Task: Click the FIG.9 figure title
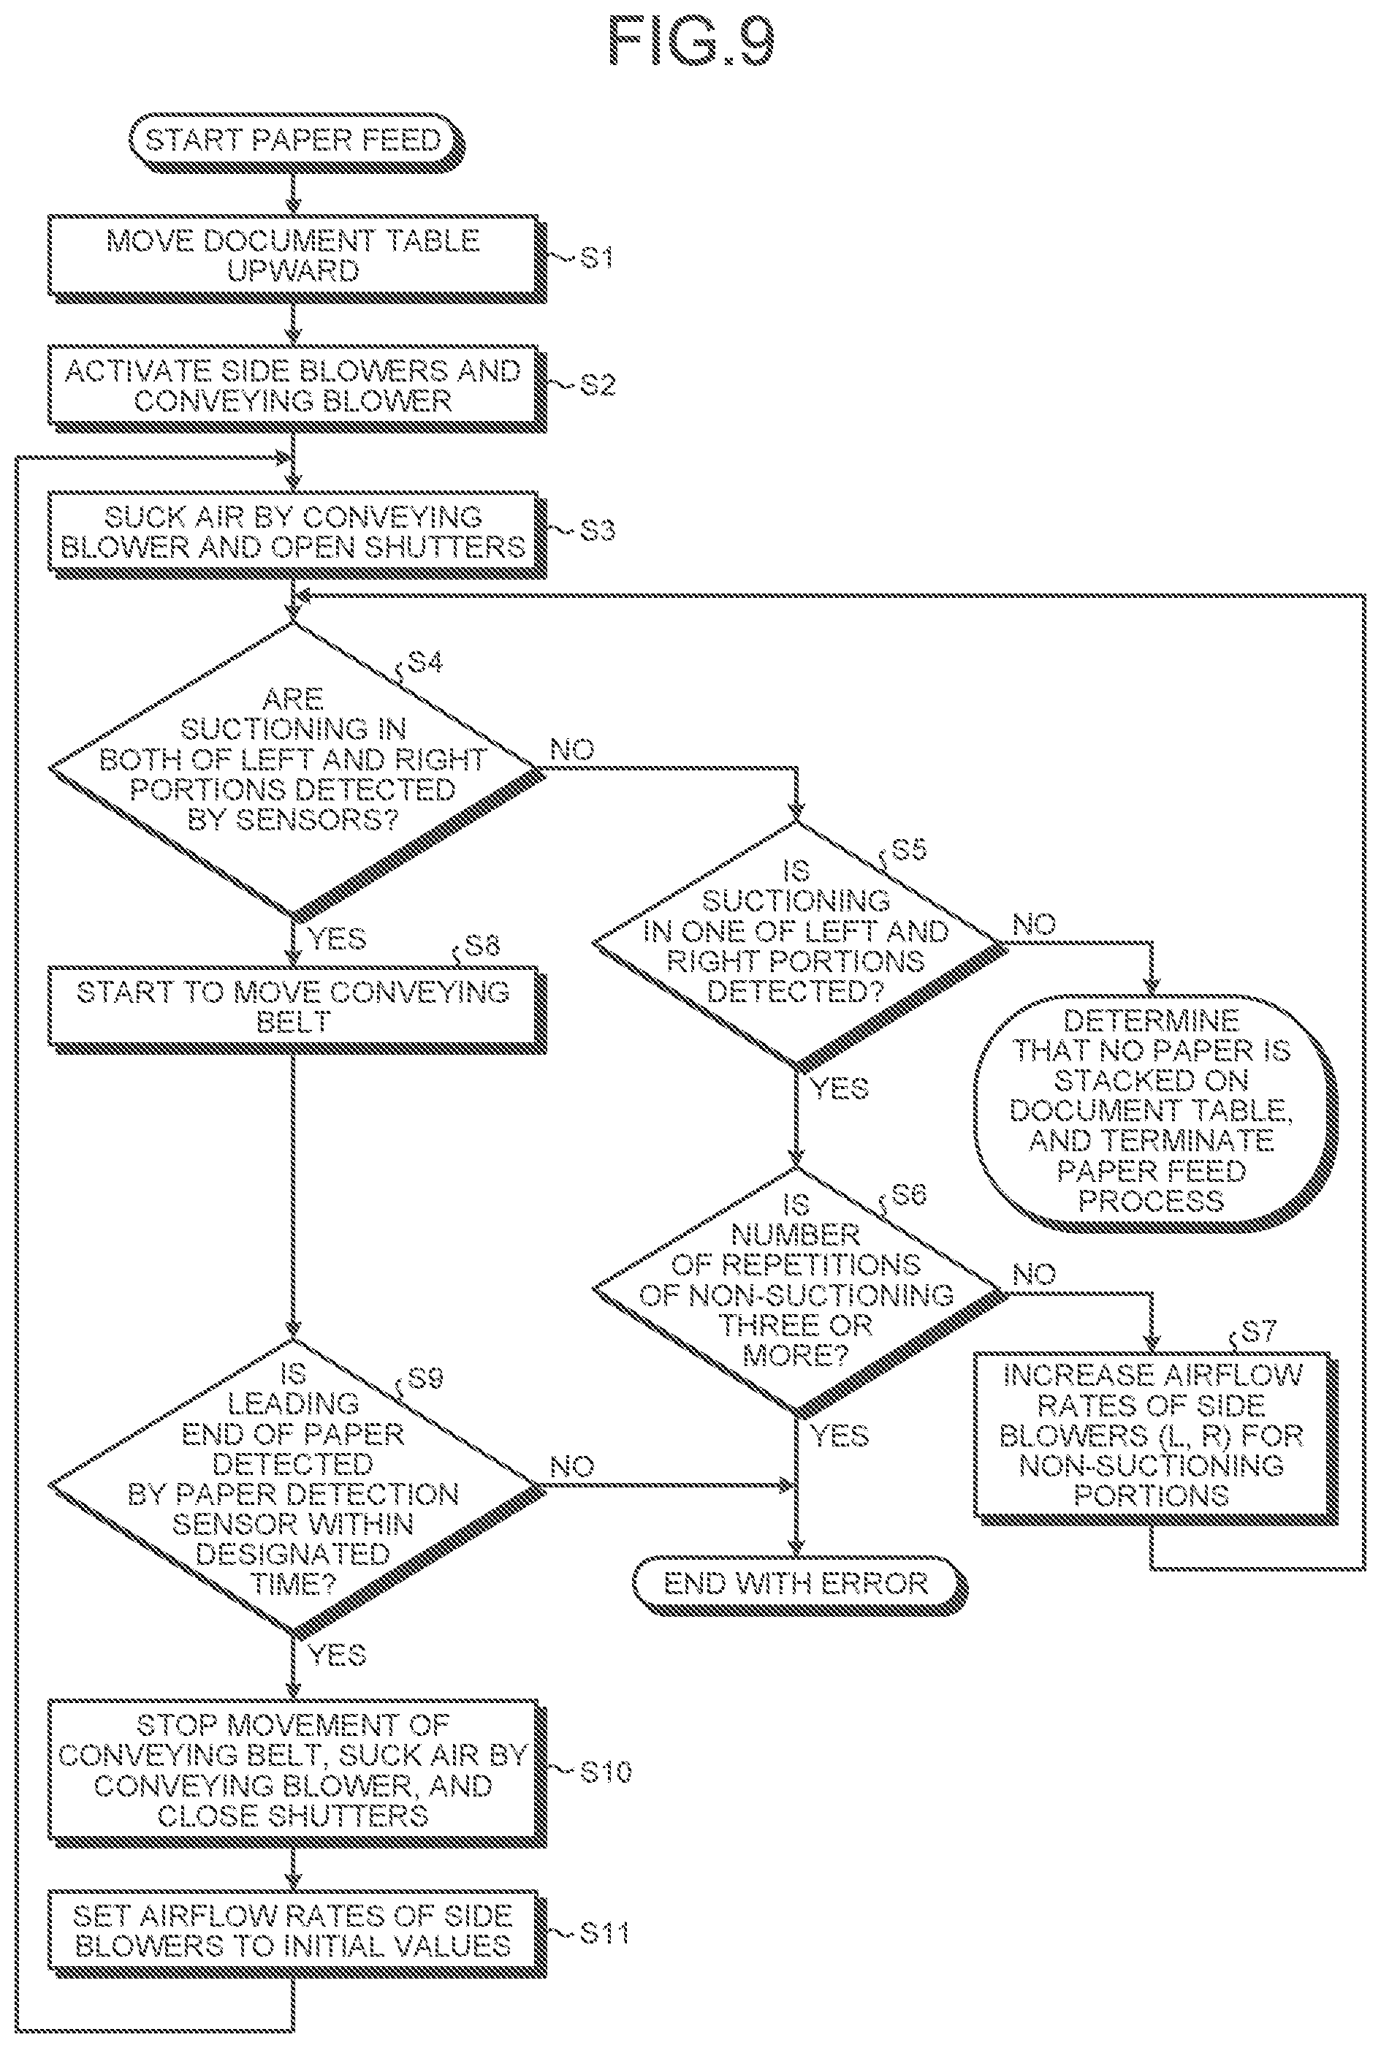691,42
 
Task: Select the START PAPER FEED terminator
295,142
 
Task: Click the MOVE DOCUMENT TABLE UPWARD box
297,258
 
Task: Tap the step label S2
597,385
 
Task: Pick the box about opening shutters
297,534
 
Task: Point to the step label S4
425,661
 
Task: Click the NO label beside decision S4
572,750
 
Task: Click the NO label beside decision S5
1034,924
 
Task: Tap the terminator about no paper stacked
1154,1112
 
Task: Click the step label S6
909,1194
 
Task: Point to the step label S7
1258,1330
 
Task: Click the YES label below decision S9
338,1654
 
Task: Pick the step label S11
604,1933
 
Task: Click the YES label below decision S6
840,1436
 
